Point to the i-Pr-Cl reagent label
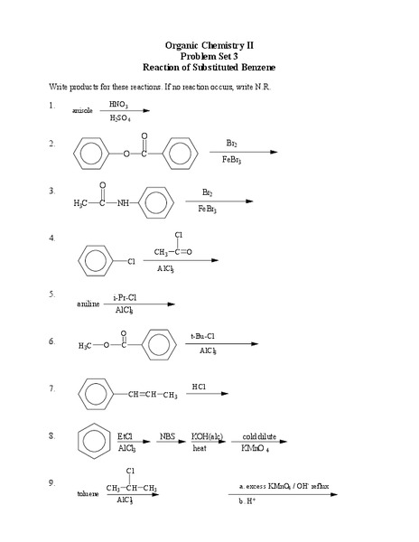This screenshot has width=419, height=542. click(125, 296)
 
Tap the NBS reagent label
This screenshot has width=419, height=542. click(168, 435)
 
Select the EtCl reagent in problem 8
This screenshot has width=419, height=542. click(126, 435)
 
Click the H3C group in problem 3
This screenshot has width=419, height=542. click(83, 203)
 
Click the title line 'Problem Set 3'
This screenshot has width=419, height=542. click(209, 56)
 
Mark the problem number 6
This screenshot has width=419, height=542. click(52, 341)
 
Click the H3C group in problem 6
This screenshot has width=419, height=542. click(87, 345)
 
